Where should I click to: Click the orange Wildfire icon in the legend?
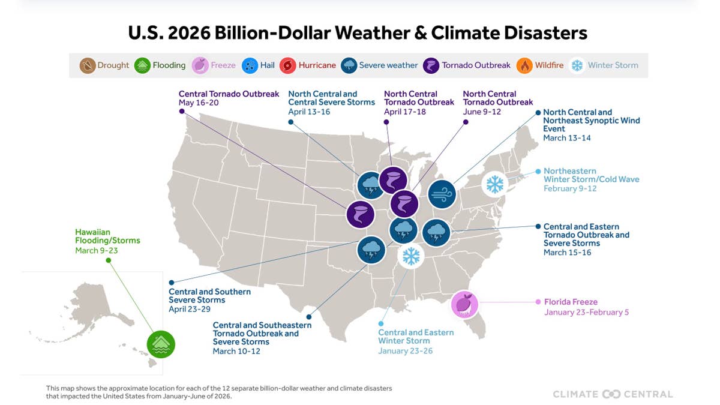524,65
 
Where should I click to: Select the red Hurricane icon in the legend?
287,65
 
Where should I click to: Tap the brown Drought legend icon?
88,65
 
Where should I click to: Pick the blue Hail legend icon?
250,65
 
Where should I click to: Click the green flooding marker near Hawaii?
161,344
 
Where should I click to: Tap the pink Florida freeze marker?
464,304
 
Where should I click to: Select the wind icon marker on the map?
442,194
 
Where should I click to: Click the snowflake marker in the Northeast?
494,184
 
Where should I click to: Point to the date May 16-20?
199,103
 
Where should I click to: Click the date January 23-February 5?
586,312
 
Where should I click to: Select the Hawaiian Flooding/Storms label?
107,236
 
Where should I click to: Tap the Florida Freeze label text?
571,302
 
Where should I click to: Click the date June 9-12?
482,112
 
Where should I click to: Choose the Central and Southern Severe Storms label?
209,296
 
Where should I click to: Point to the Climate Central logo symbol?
611,394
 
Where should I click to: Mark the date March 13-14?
567,138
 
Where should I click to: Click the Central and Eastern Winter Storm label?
416,337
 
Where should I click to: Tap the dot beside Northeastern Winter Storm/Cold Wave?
538,172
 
